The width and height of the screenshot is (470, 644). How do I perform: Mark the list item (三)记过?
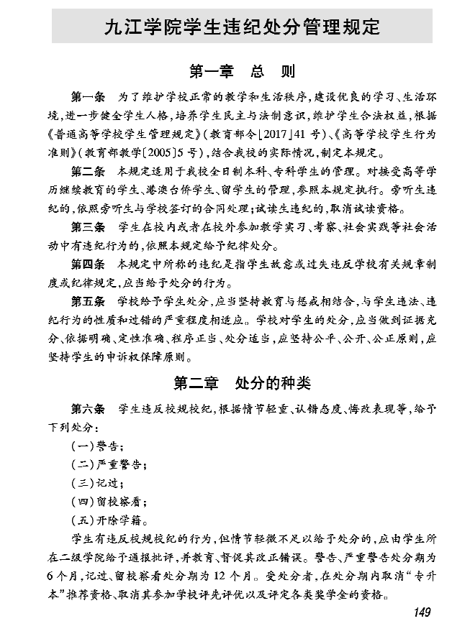(x=96, y=483)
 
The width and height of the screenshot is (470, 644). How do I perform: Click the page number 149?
(x=421, y=612)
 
